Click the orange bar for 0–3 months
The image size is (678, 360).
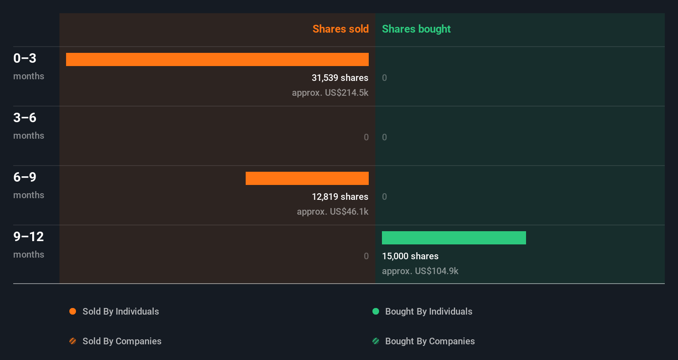tap(217, 59)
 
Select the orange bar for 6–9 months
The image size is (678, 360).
tap(307, 178)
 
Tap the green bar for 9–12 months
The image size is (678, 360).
tap(454, 238)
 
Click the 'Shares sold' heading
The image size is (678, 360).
tap(340, 29)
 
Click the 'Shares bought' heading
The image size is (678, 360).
tap(416, 29)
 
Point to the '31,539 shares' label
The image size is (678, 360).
tap(340, 78)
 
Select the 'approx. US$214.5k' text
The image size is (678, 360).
tap(330, 92)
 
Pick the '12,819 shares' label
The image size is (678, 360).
tap(340, 197)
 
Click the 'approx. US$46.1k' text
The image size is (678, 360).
tap(332, 211)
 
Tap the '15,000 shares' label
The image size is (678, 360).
tap(410, 256)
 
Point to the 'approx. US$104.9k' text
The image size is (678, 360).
tap(420, 271)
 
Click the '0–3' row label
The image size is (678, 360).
tap(25, 58)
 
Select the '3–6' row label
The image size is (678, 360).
tap(25, 118)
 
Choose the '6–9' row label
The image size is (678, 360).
tap(25, 177)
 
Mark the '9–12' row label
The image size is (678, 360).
tap(28, 237)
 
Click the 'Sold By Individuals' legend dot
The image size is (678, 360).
tap(73, 311)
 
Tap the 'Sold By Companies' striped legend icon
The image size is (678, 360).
tap(73, 341)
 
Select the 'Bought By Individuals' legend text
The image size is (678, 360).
tap(429, 311)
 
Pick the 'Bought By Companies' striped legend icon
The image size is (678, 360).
tap(376, 341)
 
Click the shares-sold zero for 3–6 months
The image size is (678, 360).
tap(366, 137)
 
